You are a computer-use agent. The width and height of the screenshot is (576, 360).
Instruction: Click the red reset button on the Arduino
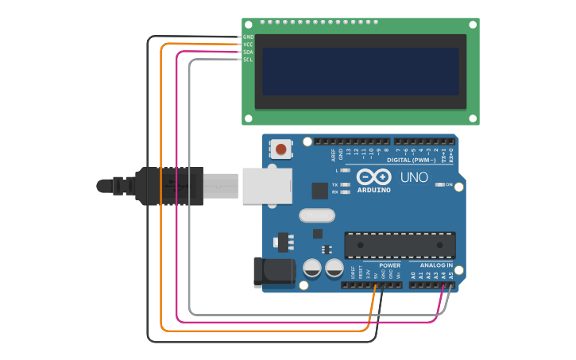[281, 148]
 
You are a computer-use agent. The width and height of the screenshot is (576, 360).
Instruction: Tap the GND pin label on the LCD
[249, 37]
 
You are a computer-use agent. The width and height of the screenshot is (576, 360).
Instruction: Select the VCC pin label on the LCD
[249, 45]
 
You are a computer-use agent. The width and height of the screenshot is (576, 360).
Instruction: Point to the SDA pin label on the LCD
[249, 52]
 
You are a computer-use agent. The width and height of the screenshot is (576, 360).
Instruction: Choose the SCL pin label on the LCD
[249, 60]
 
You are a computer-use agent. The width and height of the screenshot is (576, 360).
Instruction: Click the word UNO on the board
[414, 177]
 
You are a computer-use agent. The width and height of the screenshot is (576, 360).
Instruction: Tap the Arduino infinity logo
[373, 176]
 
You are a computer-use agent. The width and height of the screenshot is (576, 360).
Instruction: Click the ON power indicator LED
[439, 184]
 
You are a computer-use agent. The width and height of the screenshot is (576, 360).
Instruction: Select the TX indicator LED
[345, 184]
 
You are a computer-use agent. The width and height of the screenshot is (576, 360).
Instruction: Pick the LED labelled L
[345, 170]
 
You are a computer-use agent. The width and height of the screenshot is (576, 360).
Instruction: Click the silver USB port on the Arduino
[266, 185]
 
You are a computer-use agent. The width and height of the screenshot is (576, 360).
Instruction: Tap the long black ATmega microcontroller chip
[400, 245]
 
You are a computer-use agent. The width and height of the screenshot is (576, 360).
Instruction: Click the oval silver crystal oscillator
[317, 215]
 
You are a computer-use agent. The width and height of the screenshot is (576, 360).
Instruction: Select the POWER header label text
[389, 265]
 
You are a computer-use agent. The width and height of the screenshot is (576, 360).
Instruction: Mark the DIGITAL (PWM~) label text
[411, 160]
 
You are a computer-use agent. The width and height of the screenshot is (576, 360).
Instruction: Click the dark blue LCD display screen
[360, 72]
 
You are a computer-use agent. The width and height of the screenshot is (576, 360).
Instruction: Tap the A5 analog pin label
[451, 275]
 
